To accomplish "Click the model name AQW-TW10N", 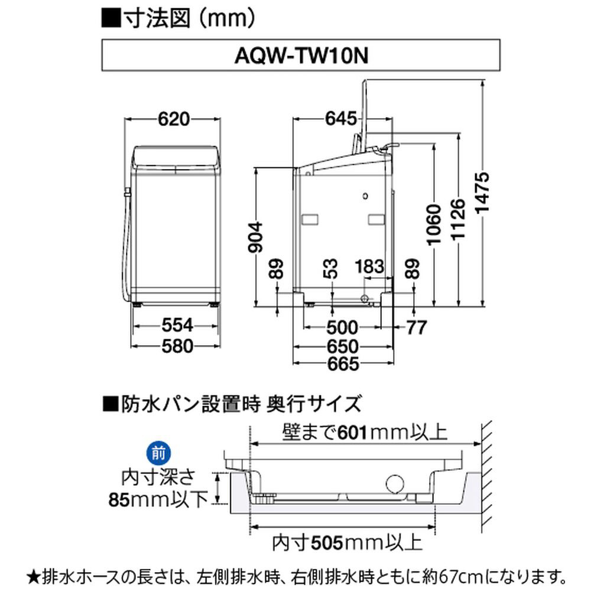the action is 301,56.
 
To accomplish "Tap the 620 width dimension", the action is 173,119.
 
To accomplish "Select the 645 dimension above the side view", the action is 341,119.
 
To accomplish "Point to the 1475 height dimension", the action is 482,193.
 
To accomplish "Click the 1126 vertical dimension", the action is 459,219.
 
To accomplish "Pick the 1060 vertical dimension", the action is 434,225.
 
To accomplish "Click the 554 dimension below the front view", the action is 177,325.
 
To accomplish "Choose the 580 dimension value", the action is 177,346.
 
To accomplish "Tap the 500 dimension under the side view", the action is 342,327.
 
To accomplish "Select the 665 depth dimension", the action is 343,363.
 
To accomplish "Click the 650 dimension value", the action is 342,346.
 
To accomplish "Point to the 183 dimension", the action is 369,267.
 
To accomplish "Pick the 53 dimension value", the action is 331,269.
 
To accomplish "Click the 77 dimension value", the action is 417,327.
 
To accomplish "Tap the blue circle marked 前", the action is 158,453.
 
